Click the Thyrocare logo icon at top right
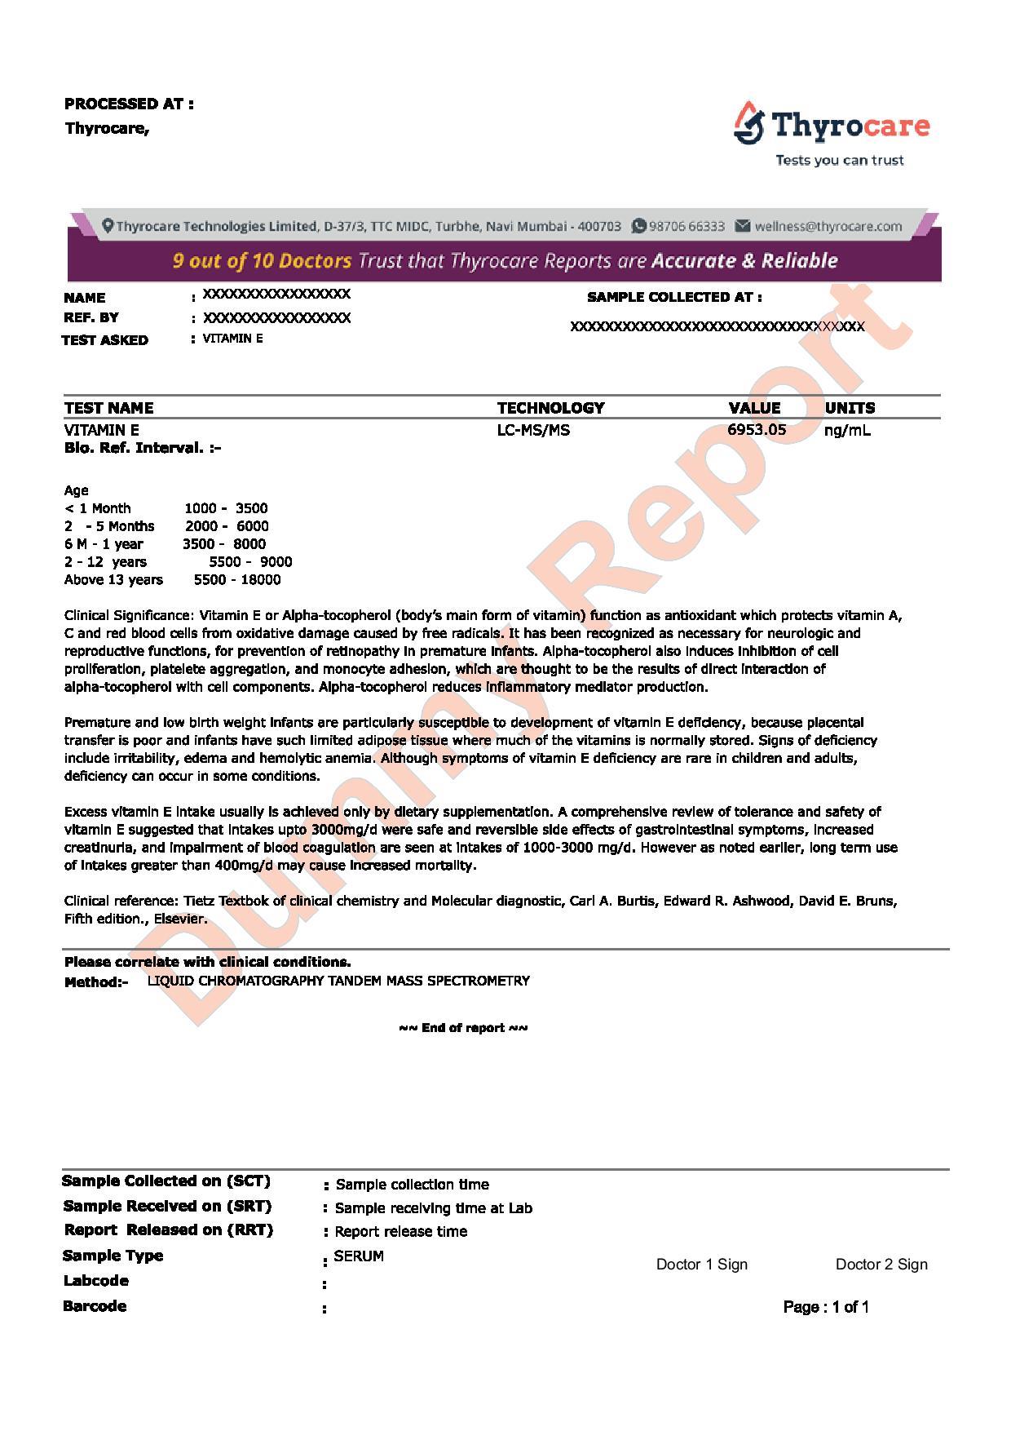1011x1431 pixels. click(748, 123)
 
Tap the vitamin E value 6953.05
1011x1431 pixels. click(757, 430)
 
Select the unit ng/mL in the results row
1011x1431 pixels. click(847, 430)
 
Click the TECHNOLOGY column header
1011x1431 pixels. click(550, 408)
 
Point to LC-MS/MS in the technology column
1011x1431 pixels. click(533, 430)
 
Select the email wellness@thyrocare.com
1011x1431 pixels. click(828, 227)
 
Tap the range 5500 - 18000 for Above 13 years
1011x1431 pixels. click(237, 580)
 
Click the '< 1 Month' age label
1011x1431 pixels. click(97, 508)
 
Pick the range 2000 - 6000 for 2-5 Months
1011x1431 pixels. click(227, 526)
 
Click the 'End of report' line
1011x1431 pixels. click(463, 1028)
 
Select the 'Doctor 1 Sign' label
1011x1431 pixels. click(701, 1265)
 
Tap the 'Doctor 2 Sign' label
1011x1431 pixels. click(881, 1265)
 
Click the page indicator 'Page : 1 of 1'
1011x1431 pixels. click(826, 1307)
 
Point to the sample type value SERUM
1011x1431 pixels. click(359, 1256)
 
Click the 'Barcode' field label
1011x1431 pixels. click(95, 1306)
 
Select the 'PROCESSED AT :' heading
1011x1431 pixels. click(129, 104)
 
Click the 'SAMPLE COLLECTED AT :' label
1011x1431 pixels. click(674, 297)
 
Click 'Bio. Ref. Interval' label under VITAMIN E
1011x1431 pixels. click(143, 448)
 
